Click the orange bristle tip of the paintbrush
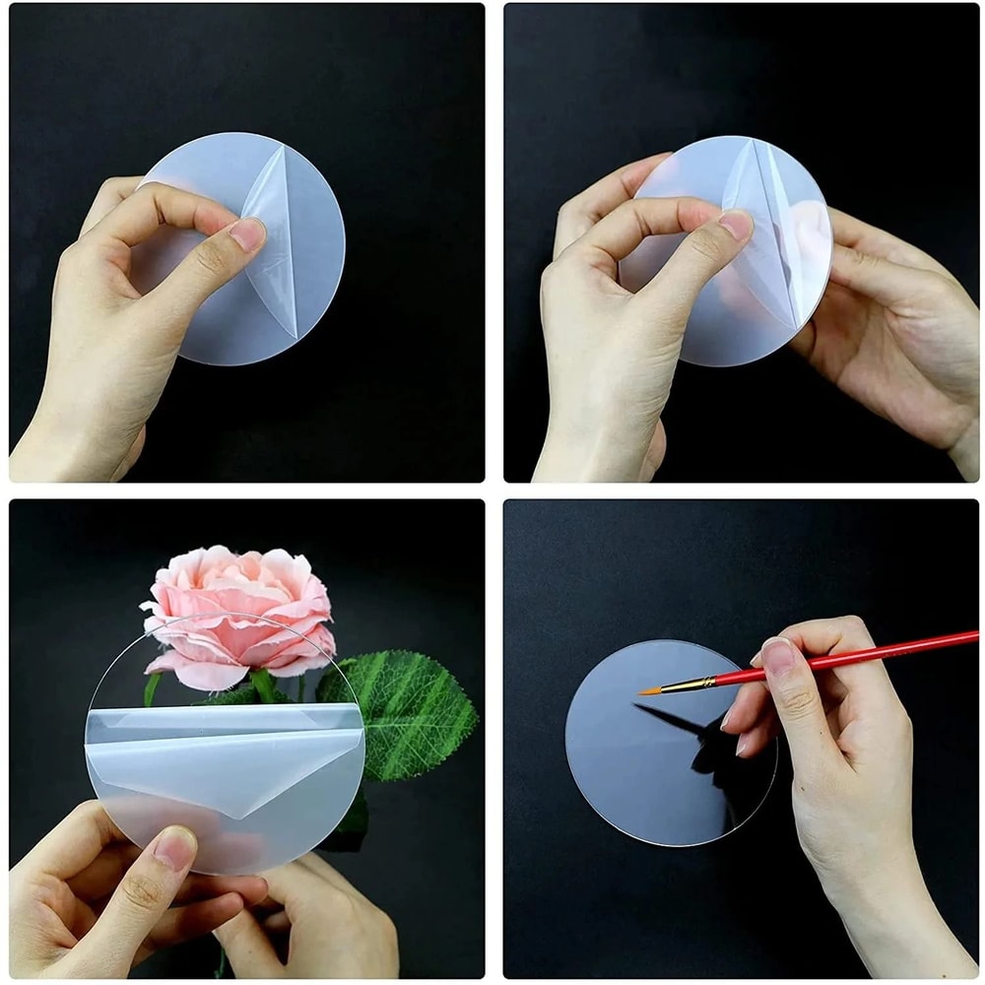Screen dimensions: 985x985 pyautogui.click(x=650, y=689)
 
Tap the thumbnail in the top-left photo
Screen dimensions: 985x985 pyautogui.click(x=247, y=234)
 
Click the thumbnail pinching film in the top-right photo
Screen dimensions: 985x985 pyautogui.click(x=735, y=226)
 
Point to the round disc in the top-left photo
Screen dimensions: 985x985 pyautogui.click(x=295, y=295)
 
